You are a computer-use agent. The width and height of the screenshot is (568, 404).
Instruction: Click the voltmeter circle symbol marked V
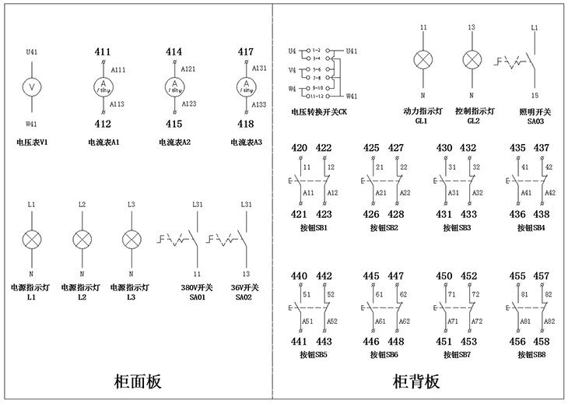click(x=31, y=86)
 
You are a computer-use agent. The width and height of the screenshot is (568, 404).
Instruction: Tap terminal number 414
click(x=174, y=52)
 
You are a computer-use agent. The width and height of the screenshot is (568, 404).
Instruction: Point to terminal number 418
click(x=246, y=124)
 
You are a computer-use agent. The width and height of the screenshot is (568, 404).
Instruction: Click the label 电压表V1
click(x=32, y=142)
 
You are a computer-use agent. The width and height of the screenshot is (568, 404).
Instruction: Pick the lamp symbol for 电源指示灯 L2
click(x=82, y=239)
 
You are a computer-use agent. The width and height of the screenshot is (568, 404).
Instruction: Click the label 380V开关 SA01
click(x=198, y=292)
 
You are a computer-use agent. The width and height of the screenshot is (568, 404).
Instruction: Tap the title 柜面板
click(x=137, y=382)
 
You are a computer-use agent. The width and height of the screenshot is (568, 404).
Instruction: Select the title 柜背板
click(x=416, y=382)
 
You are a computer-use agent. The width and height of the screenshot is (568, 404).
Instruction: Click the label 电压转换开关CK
click(x=318, y=113)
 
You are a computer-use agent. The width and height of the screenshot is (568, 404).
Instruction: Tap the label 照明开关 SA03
click(x=535, y=116)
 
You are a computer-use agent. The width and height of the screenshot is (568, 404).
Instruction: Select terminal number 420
click(x=299, y=148)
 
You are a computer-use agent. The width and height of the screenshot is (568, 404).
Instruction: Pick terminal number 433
click(x=468, y=215)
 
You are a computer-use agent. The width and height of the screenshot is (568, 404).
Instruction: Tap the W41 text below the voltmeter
click(x=32, y=123)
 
